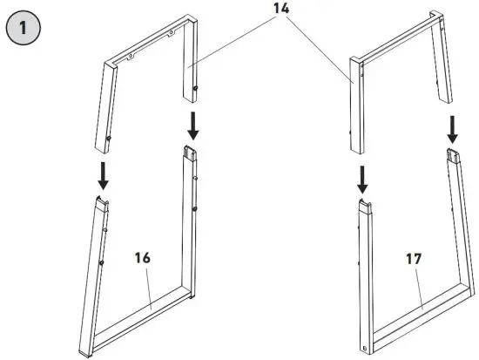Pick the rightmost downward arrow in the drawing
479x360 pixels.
pyautogui.click(x=452, y=129)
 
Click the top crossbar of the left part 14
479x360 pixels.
pyautogui.click(x=148, y=43)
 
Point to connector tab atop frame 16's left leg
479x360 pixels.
pyautogui.click(x=100, y=201)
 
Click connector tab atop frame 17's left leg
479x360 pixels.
pyautogui.click(x=362, y=205)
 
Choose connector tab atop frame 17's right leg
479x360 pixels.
pyautogui.click(x=453, y=154)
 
